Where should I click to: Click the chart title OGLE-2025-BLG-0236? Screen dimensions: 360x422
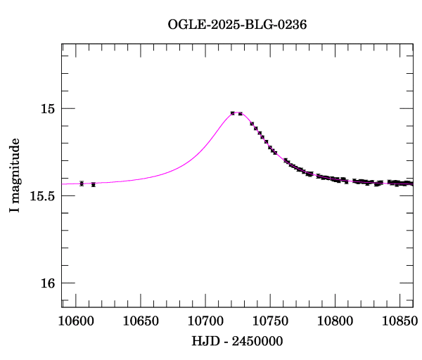tap(237, 25)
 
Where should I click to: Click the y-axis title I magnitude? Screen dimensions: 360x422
tap(14, 176)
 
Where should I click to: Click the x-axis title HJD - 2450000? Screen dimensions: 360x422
tap(237, 341)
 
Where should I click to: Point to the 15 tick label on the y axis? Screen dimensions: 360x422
tap(47, 109)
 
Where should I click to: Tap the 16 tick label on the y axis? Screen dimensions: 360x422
tap(47, 283)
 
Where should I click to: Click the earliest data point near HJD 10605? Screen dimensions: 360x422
tap(82, 184)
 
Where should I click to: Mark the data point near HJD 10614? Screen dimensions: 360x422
tap(94, 184)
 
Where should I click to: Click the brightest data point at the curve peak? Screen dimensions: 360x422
tap(233, 112)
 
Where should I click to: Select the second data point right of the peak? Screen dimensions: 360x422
tap(252, 124)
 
